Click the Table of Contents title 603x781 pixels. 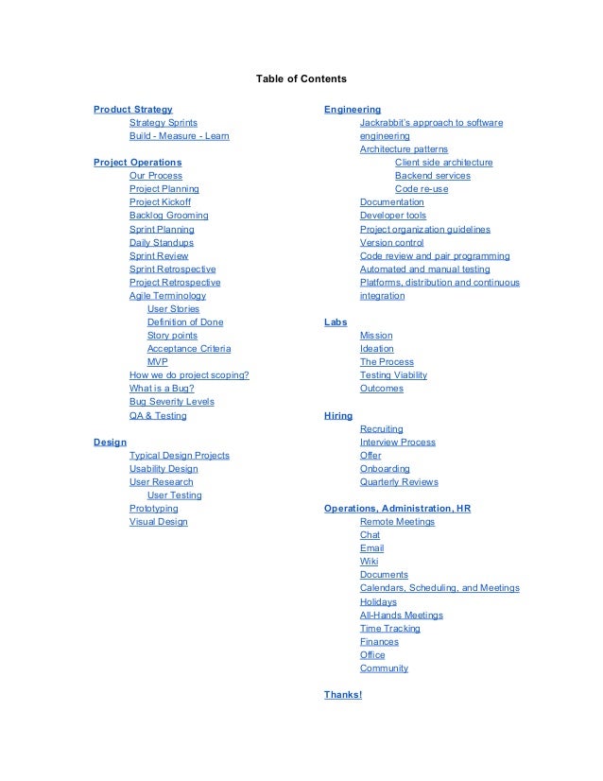coord(301,78)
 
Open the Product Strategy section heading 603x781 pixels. coord(132,110)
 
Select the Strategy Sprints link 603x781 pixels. coord(164,123)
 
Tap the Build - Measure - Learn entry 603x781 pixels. coord(179,136)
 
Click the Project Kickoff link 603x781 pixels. coord(160,202)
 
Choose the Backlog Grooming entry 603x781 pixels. coord(168,216)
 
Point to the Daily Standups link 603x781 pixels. coord(161,242)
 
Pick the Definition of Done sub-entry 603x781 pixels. coord(185,322)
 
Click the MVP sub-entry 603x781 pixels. coord(158,362)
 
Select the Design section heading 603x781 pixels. coord(110,442)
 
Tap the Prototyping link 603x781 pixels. coord(153,509)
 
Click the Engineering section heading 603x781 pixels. coord(353,110)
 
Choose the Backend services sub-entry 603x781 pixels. coord(432,176)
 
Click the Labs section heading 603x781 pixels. coord(336,322)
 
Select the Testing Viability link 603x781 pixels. coord(393,375)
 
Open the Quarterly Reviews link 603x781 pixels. coord(399,482)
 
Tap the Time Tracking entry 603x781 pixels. coord(390,629)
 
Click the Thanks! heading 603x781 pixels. coord(343,695)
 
